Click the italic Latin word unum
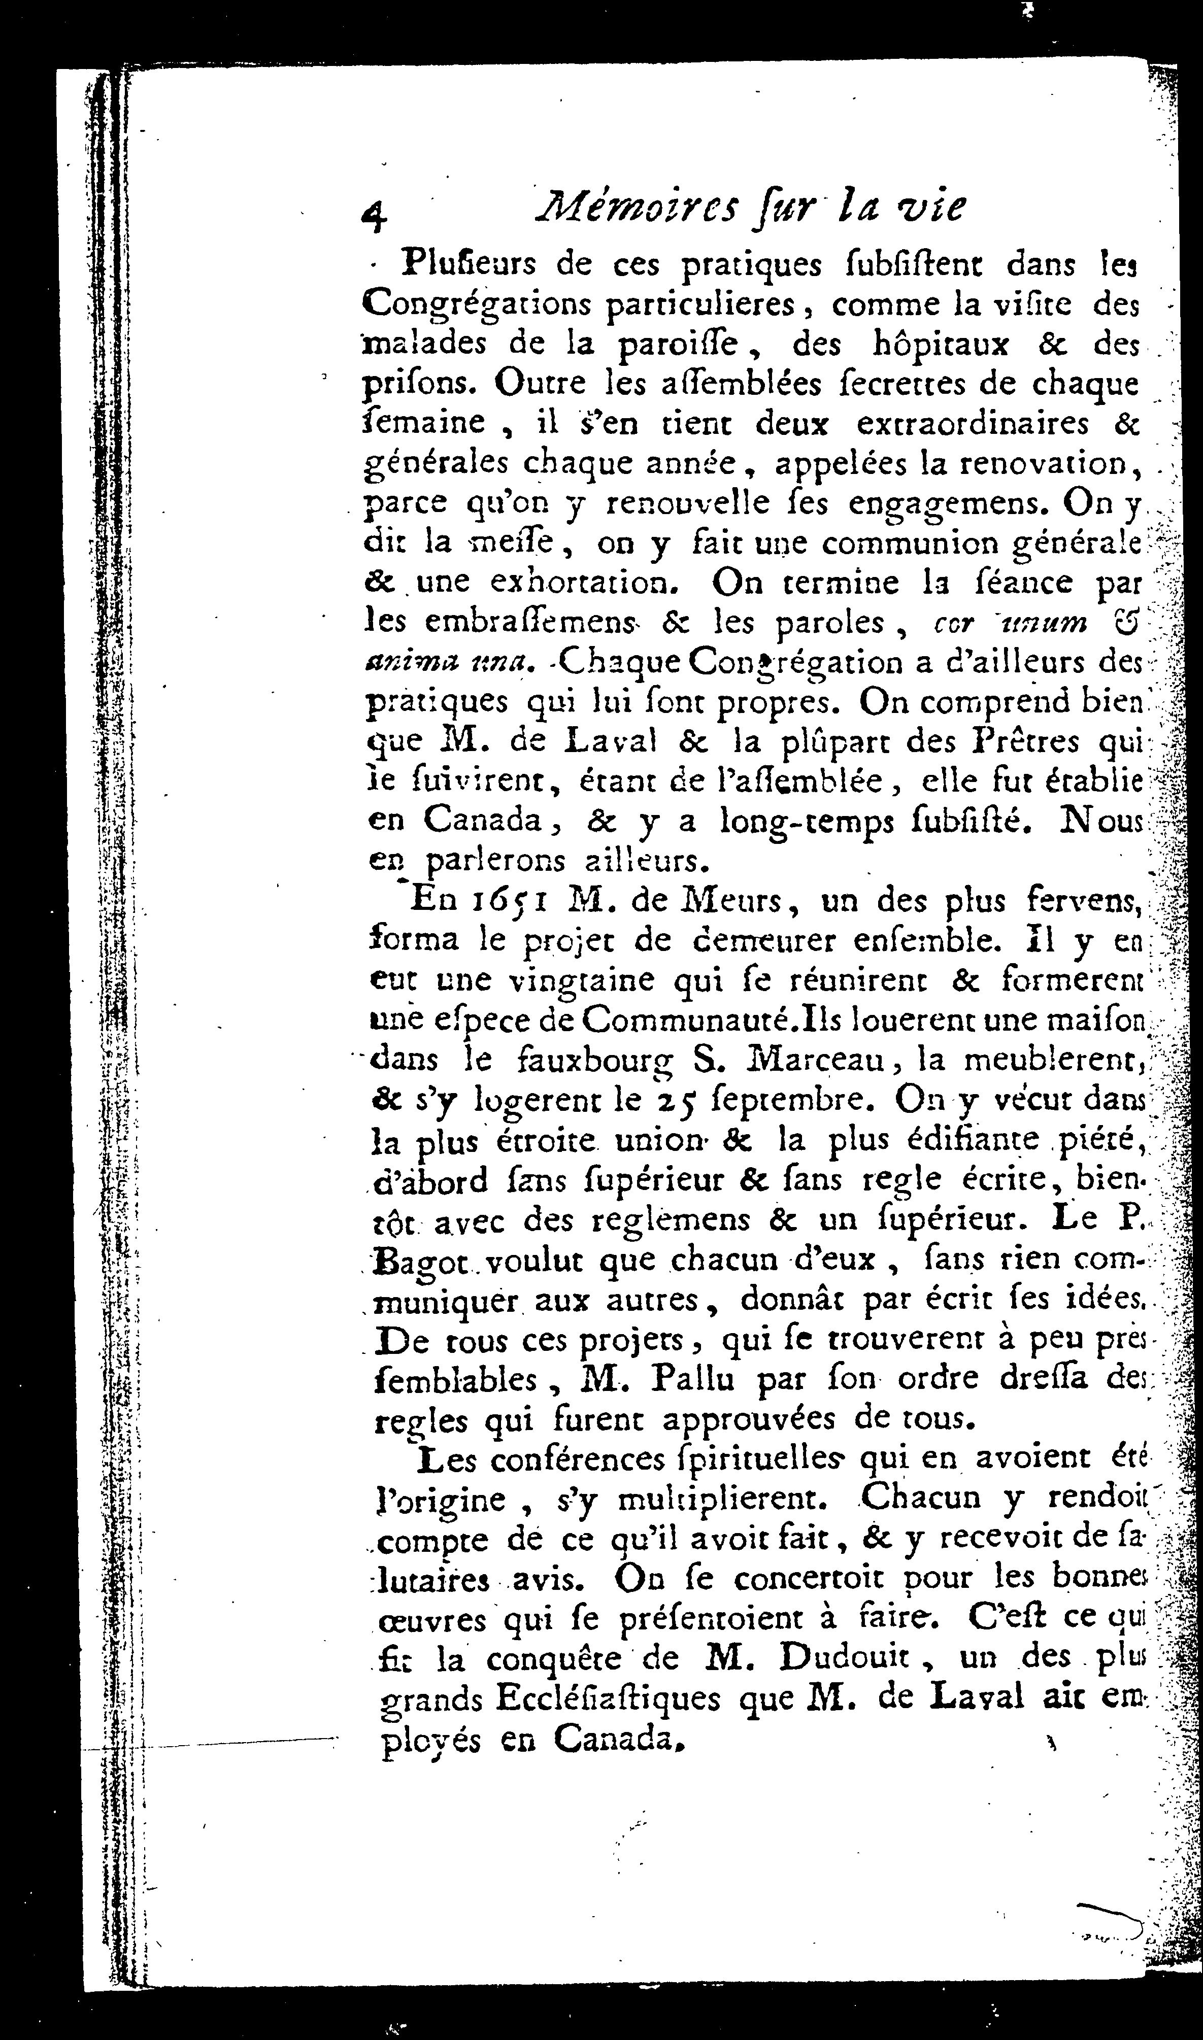(x=1057, y=622)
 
